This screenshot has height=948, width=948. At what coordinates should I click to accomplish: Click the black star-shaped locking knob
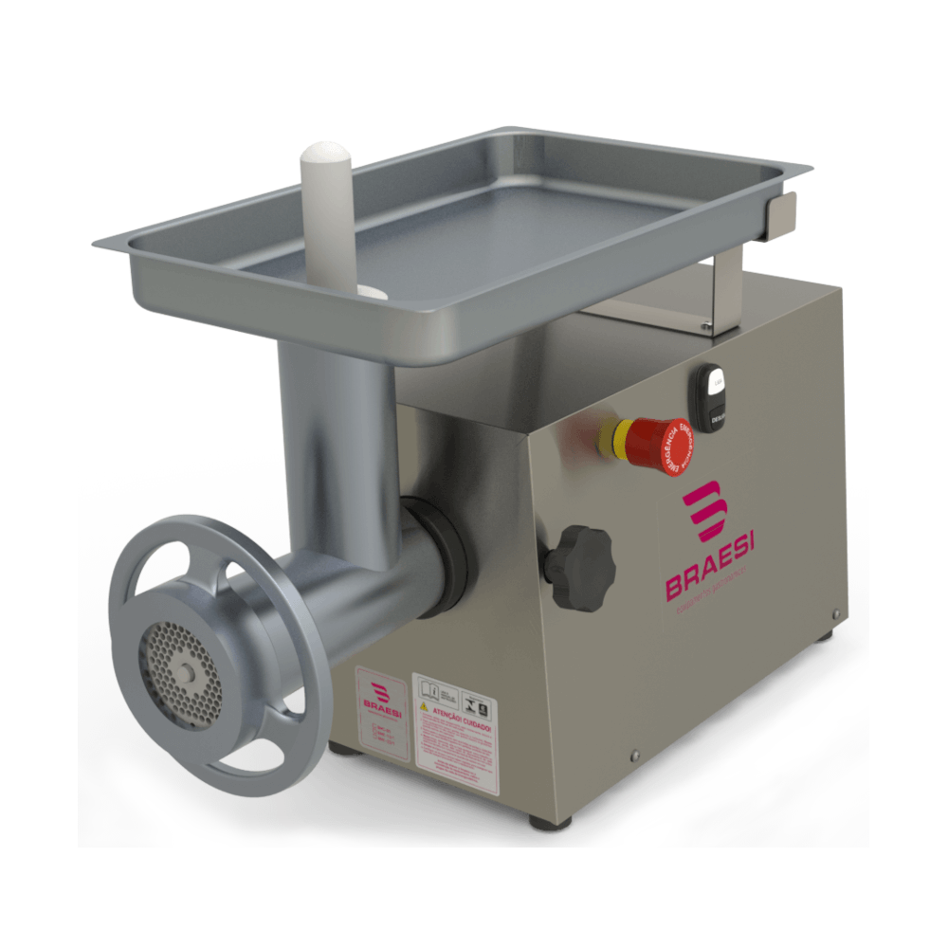[x=579, y=566]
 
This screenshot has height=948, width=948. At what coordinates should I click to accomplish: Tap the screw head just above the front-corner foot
[x=634, y=756]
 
